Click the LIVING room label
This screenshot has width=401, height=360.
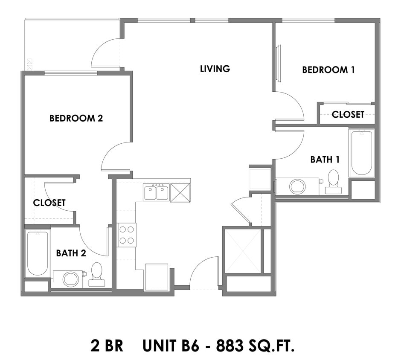click(215, 69)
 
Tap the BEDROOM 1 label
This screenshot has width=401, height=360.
click(328, 70)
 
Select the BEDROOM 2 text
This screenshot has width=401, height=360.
click(76, 118)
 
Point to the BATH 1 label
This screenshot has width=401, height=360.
click(325, 160)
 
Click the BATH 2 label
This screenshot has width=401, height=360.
click(71, 253)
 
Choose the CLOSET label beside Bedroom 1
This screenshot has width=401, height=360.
click(348, 114)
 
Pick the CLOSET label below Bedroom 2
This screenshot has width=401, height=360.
click(49, 203)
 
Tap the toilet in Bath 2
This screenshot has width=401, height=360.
click(97, 274)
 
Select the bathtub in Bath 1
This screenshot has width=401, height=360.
click(361, 153)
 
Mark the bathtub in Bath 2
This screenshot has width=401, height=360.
click(38, 253)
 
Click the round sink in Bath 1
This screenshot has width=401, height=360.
click(297, 186)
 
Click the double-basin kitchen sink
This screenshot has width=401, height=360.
click(156, 193)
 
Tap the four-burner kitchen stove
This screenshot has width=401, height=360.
click(127, 235)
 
